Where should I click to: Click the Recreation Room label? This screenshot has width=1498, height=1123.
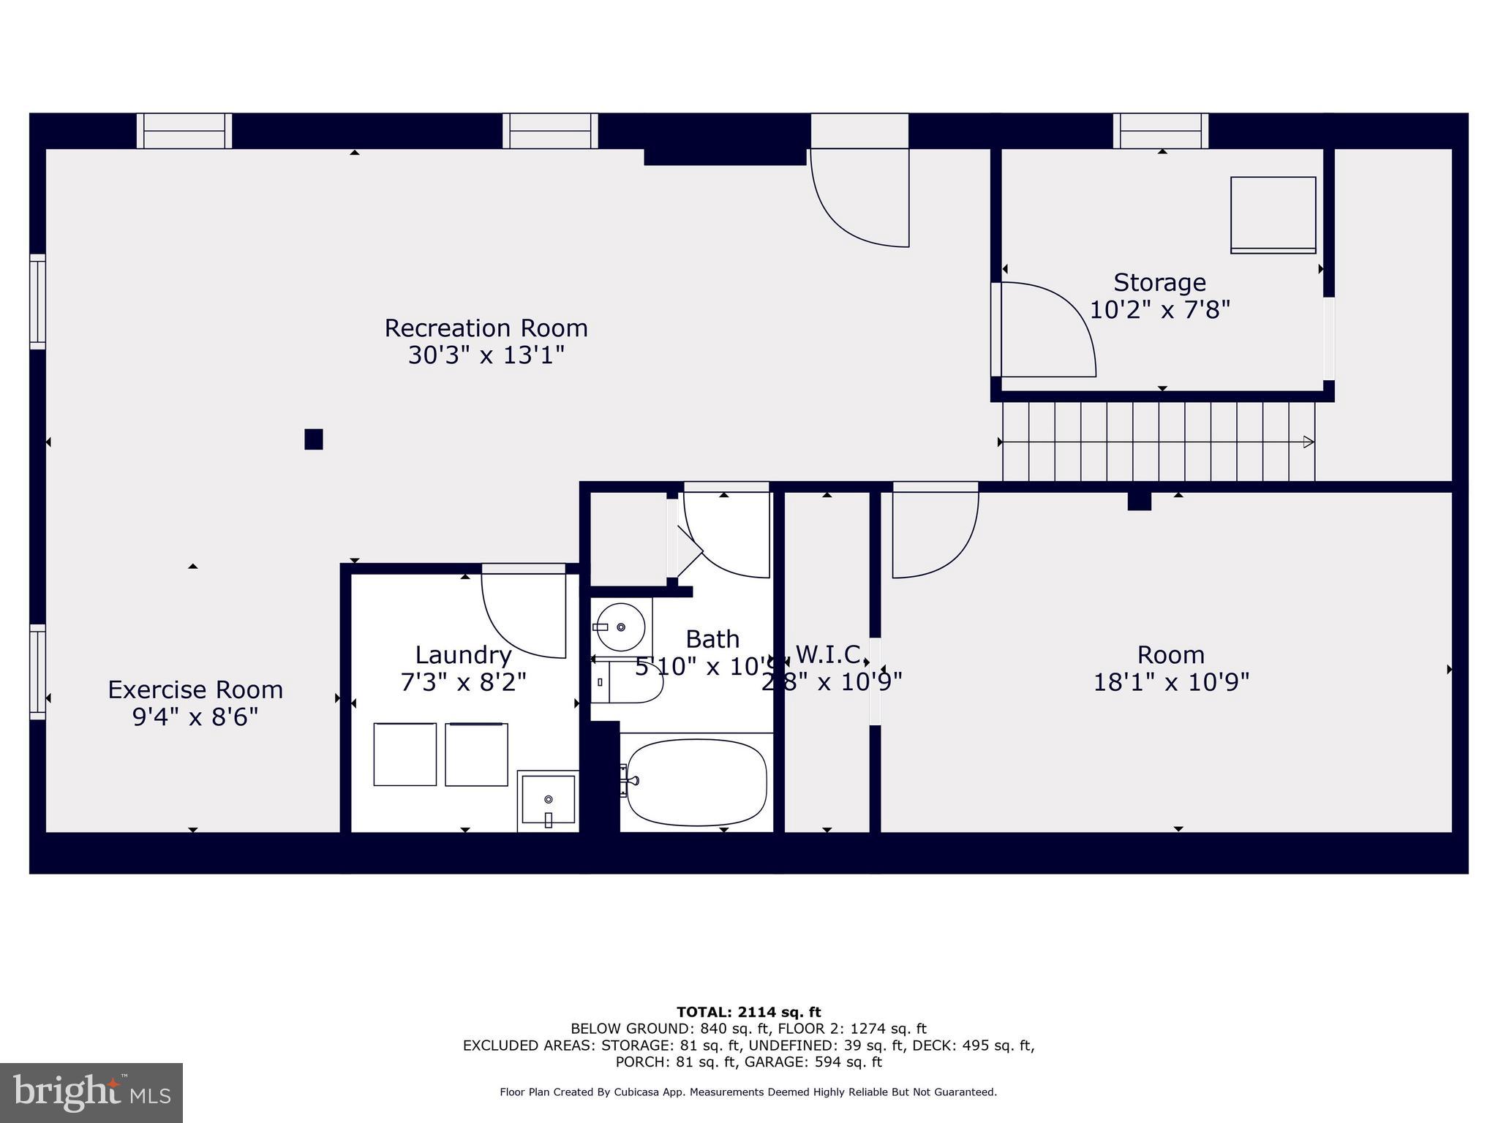486,328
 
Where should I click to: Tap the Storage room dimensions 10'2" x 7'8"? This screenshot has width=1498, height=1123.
1159,310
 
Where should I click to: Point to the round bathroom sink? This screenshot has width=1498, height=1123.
620,627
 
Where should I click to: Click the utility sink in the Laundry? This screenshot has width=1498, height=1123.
548,800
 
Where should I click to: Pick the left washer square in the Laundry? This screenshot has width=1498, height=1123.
404,755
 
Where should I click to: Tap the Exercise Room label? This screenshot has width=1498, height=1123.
195,689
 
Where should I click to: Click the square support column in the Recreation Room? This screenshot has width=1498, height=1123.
314,439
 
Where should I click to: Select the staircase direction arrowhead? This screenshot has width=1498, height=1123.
1308,442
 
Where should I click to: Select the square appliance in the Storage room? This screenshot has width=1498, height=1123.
1273,215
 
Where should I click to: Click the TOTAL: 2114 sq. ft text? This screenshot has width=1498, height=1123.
748,1012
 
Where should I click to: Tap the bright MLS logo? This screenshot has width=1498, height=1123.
91,1092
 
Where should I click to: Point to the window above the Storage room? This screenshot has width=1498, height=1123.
1161,132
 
